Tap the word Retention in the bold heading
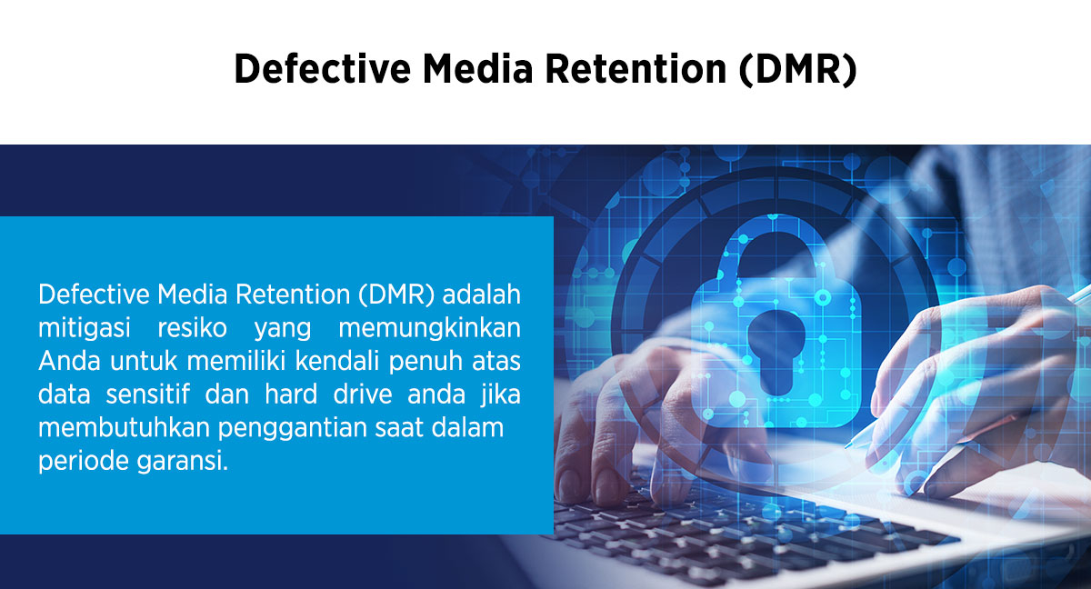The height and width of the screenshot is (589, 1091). click(x=636, y=69)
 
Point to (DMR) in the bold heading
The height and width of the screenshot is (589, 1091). click(x=798, y=70)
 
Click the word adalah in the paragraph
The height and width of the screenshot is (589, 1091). click(x=481, y=294)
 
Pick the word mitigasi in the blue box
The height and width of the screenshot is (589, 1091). click(x=85, y=328)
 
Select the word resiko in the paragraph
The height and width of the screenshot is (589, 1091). click(x=193, y=328)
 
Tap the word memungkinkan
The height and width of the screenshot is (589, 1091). click(x=429, y=328)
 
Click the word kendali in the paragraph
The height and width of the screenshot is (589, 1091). click(x=337, y=361)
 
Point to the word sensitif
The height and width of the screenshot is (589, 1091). click(x=147, y=394)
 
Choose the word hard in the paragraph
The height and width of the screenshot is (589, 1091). click(x=291, y=394)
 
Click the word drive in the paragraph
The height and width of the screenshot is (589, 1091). click(x=363, y=394)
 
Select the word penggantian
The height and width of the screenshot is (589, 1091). click(x=292, y=428)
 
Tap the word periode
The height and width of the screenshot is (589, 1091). click(x=84, y=461)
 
